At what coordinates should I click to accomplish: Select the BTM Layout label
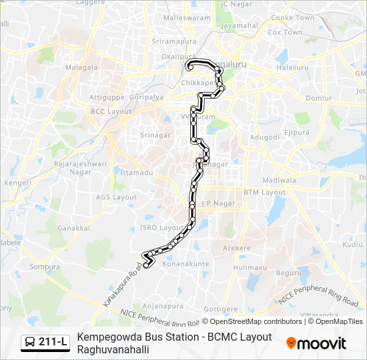(x=264, y=192)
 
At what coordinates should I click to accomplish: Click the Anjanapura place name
(x=163, y=306)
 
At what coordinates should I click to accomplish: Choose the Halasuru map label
(x=291, y=68)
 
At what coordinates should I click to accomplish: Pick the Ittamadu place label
(x=137, y=172)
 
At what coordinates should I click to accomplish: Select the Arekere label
(x=236, y=248)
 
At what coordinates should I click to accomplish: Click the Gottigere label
(x=220, y=309)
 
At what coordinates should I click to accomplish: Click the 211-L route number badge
(x=45, y=343)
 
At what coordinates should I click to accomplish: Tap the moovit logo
(x=316, y=343)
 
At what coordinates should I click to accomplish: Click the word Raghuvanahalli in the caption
(x=113, y=349)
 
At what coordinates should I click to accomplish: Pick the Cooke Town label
(x=292, y=18)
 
